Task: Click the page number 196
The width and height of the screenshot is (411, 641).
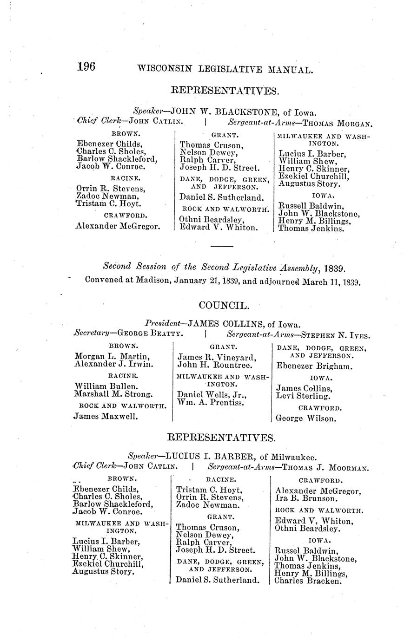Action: [x=86, y=67]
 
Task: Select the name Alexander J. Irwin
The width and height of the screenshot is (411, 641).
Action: [x=113, y=364]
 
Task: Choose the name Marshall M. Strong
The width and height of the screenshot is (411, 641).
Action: [x=113, y=394]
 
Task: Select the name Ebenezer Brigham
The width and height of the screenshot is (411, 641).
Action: [x=314, y=366]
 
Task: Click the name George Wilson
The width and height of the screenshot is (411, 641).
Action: [x=305, y=419]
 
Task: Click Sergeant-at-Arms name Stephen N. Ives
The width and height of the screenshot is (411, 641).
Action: [x=335, y=334]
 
